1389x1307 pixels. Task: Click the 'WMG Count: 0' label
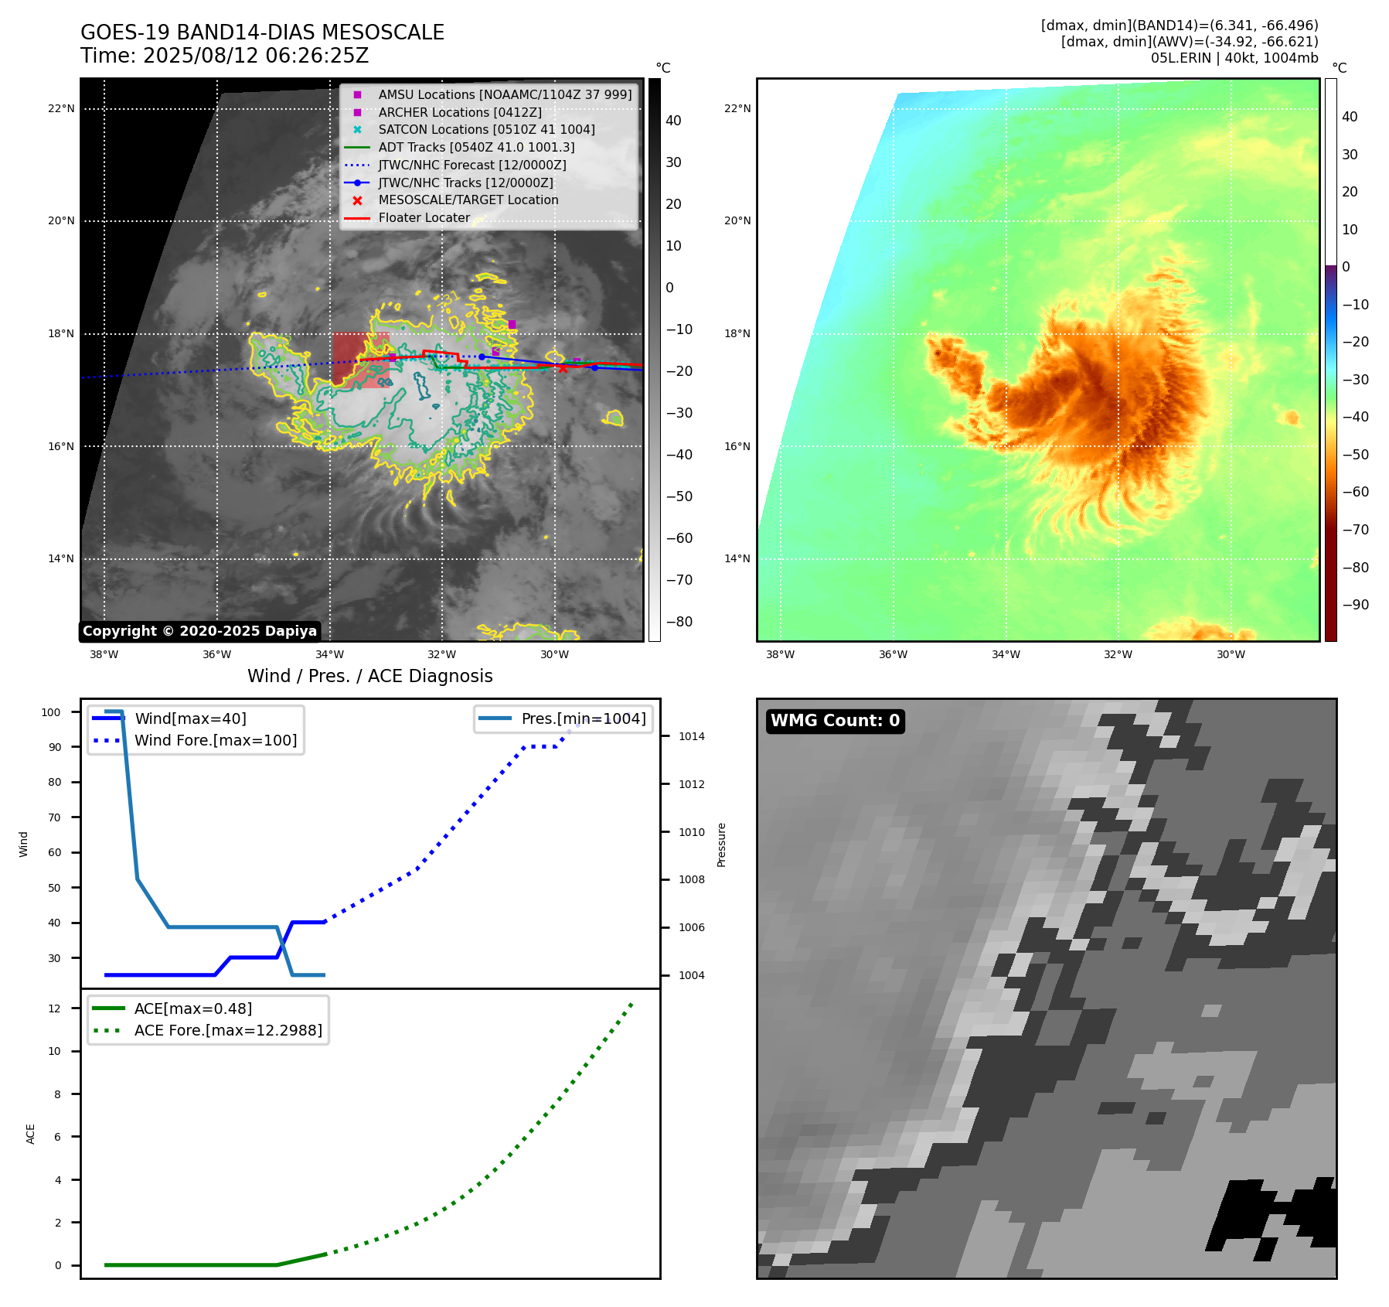click(835, 721)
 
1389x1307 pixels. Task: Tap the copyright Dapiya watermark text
click(199, 631)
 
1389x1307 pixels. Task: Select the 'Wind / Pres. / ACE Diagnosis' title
click(369, 676)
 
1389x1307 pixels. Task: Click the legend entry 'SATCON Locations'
click(486, 130)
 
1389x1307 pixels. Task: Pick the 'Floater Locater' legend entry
click(424, 218)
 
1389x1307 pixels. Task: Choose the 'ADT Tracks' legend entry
click(476, 147)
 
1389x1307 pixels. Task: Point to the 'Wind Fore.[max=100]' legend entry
click(216, 740)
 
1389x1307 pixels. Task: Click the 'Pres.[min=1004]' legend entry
click(583, 718)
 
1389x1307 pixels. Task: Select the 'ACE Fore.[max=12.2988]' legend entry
click(228, 1030)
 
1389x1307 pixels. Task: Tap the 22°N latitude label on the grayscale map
click(61, 108)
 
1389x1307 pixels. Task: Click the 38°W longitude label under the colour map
click(780, 654)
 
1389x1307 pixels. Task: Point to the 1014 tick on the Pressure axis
click(691, 736)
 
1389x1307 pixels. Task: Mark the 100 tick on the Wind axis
click(51, 712)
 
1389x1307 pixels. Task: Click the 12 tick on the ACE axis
click(54, 1008)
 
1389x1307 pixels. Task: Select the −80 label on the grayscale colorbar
click(679, 622)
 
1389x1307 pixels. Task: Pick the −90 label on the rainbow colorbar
click(1355, 605)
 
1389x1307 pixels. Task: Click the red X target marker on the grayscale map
click(563, 368)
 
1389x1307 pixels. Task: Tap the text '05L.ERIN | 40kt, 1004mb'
click(1234, 58)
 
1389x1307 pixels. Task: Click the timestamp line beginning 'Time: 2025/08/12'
click(224, 56)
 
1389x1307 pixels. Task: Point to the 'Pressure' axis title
click(721, 845)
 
